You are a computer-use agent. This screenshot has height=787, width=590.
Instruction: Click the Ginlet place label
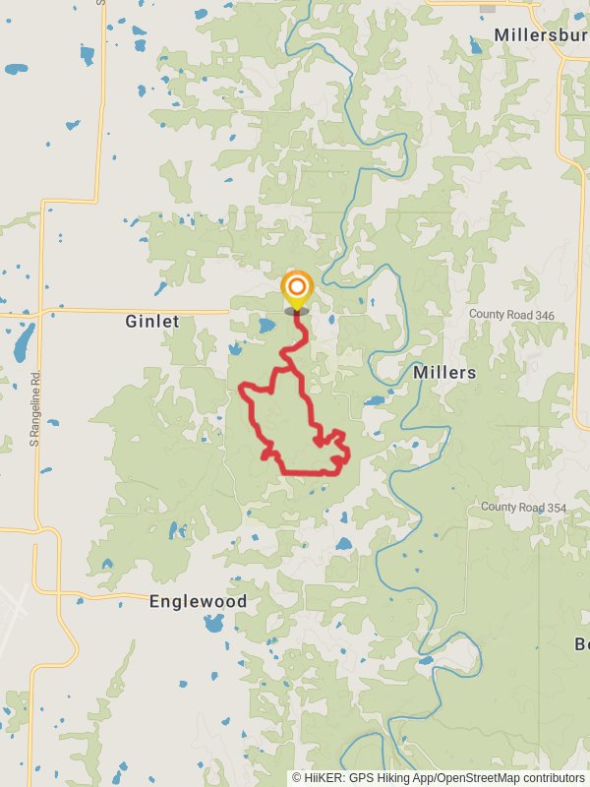coord(152,322)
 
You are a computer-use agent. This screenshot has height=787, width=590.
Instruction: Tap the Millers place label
coord(444,373)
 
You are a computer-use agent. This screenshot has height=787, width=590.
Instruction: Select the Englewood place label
coord(198,601)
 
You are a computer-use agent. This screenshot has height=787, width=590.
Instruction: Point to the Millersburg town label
coord(541,34)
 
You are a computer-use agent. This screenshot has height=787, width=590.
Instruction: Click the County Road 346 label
coord(511,314)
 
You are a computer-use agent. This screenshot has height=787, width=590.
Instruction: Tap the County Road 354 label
coord(524,507)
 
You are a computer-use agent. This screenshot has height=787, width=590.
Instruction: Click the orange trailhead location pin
coord(296,290)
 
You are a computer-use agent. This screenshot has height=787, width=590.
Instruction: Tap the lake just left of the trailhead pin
coord(266,324)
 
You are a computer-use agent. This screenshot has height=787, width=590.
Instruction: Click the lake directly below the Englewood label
coord(213,623)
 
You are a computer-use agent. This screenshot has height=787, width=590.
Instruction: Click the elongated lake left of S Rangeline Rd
coord(19,343)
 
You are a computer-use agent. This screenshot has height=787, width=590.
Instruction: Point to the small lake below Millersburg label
coord(477,46)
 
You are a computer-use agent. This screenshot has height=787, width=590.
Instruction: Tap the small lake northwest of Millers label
coord(375,401)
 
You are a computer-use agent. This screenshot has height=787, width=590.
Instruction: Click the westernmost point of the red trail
coord(241,390)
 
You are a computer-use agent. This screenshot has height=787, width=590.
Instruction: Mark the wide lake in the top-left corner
coord(16,69)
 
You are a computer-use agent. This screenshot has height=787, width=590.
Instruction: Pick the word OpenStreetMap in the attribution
coord(481,777)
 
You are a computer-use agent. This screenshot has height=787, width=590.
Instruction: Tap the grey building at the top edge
coord(487,7)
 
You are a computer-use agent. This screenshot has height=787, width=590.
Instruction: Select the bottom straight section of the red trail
coord(310,473)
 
